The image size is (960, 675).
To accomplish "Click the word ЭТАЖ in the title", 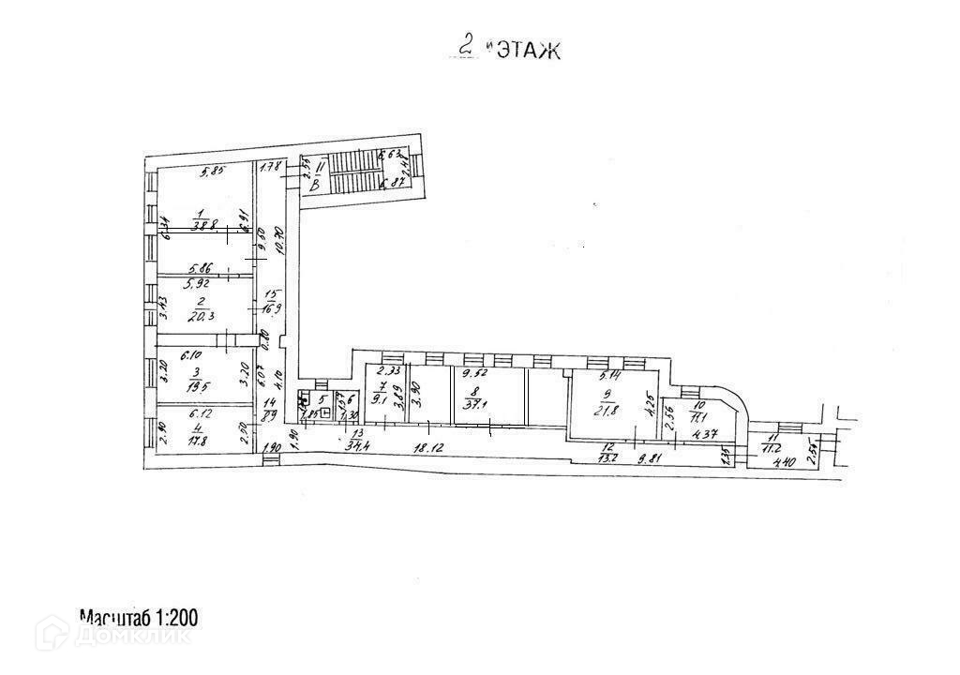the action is click(528, 50).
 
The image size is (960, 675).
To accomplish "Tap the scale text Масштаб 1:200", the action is click(139, 618).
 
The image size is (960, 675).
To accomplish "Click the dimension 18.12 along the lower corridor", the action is click(427, 449).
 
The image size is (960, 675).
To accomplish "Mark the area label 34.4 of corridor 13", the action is click(357, 446).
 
